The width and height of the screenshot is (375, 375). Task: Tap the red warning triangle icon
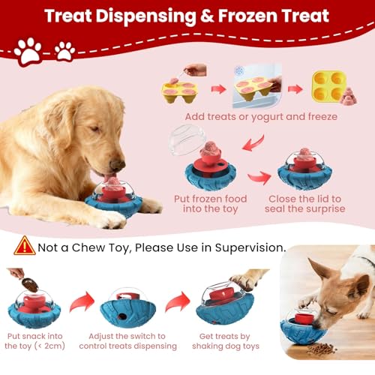[25, 245]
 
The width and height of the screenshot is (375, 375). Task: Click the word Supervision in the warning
[247, 247]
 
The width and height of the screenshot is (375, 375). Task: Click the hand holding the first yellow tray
[196, 70]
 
